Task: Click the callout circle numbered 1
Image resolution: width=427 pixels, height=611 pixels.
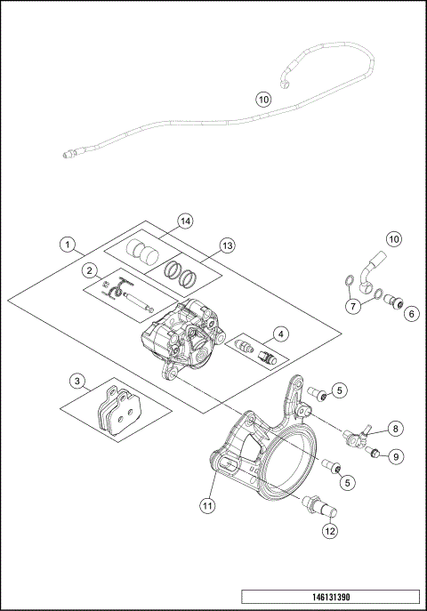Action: point(67,243)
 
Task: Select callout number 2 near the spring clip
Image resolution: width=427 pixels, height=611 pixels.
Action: point(90,270)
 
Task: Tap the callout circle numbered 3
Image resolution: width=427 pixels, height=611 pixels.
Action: point(78,381)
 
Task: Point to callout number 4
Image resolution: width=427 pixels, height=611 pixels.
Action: point(281,334)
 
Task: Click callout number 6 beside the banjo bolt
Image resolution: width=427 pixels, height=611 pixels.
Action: point(410,313)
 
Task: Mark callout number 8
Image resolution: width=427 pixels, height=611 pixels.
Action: point(396,428)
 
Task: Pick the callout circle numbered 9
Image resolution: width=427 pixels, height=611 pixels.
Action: point(396,456)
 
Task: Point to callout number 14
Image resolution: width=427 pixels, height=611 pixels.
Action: point(185,221)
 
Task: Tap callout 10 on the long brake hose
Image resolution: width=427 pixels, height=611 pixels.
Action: point(262,100)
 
